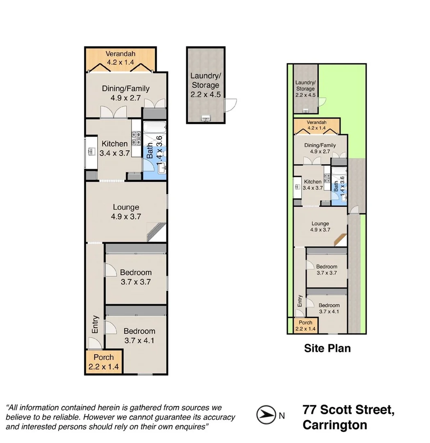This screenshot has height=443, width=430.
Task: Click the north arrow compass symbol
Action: pos(265,415)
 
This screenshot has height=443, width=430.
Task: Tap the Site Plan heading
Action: pos(327,348)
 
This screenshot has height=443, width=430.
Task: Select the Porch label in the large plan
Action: pos(104,357)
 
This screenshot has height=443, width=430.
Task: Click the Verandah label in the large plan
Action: pos(121,54)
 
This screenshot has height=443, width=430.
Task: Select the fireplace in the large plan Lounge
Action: pos(157,232)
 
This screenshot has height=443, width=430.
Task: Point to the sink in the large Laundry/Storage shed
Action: pos(205,119)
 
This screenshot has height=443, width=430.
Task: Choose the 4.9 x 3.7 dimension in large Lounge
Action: pos(125,217)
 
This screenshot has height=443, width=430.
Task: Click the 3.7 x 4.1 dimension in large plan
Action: pos(139,340)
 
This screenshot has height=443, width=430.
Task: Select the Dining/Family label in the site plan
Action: pos(320,145)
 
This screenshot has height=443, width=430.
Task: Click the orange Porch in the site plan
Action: pos(305,325)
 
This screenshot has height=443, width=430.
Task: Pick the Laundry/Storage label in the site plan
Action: pos(305,86)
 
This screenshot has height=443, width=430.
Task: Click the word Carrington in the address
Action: pos(335,425)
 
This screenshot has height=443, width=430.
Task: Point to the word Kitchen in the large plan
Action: pos(115,144)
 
